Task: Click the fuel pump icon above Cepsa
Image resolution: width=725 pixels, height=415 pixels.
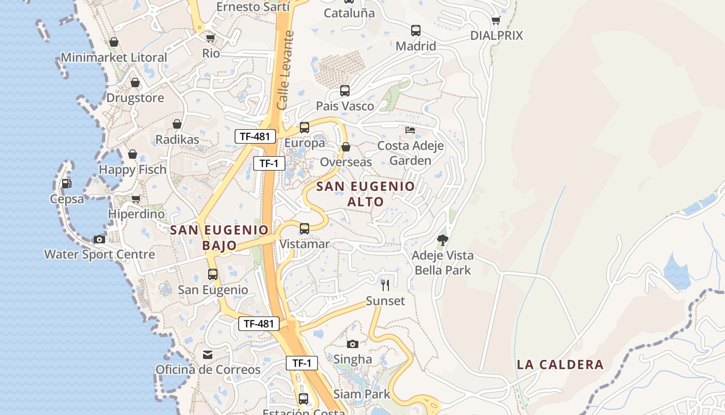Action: tap(66, 183)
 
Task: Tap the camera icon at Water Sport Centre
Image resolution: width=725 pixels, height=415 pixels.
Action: tap(99, 239)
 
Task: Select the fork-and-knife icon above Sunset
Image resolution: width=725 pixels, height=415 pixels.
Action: tap(385, 285)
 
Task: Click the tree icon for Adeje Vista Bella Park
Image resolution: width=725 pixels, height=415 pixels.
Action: tap(442, 240)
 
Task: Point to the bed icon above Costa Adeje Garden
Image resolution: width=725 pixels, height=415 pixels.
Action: tap(410, 130)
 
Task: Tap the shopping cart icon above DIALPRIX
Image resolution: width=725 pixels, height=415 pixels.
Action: tap(496, 20)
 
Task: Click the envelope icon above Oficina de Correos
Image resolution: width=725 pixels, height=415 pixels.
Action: tap(208, 355)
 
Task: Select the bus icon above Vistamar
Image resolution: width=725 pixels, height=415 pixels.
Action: tap(304, 228)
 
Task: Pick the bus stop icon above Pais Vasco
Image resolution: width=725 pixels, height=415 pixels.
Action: tap(345, 91)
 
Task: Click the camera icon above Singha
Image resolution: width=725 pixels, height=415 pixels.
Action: tap(353, 344)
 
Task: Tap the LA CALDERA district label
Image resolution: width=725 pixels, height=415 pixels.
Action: tap(560, 365)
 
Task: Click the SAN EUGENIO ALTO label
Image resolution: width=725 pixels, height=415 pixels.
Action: tap(366, 194)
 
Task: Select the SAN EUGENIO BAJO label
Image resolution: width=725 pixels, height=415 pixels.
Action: tap(219, 238)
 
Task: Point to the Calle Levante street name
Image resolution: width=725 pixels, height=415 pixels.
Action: tap(285, 70)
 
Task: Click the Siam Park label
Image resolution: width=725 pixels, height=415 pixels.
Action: tap(362, 394)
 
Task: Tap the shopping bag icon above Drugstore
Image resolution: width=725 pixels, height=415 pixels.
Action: tap(135, 82)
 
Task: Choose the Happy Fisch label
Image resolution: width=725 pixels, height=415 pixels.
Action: tap(133, 170)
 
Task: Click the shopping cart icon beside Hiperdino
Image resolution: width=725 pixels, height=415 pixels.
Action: tap(136, 199)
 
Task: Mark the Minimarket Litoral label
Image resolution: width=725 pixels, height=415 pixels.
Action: tap(114, 58)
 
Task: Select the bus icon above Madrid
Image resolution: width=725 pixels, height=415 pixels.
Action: tap(416, 31)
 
